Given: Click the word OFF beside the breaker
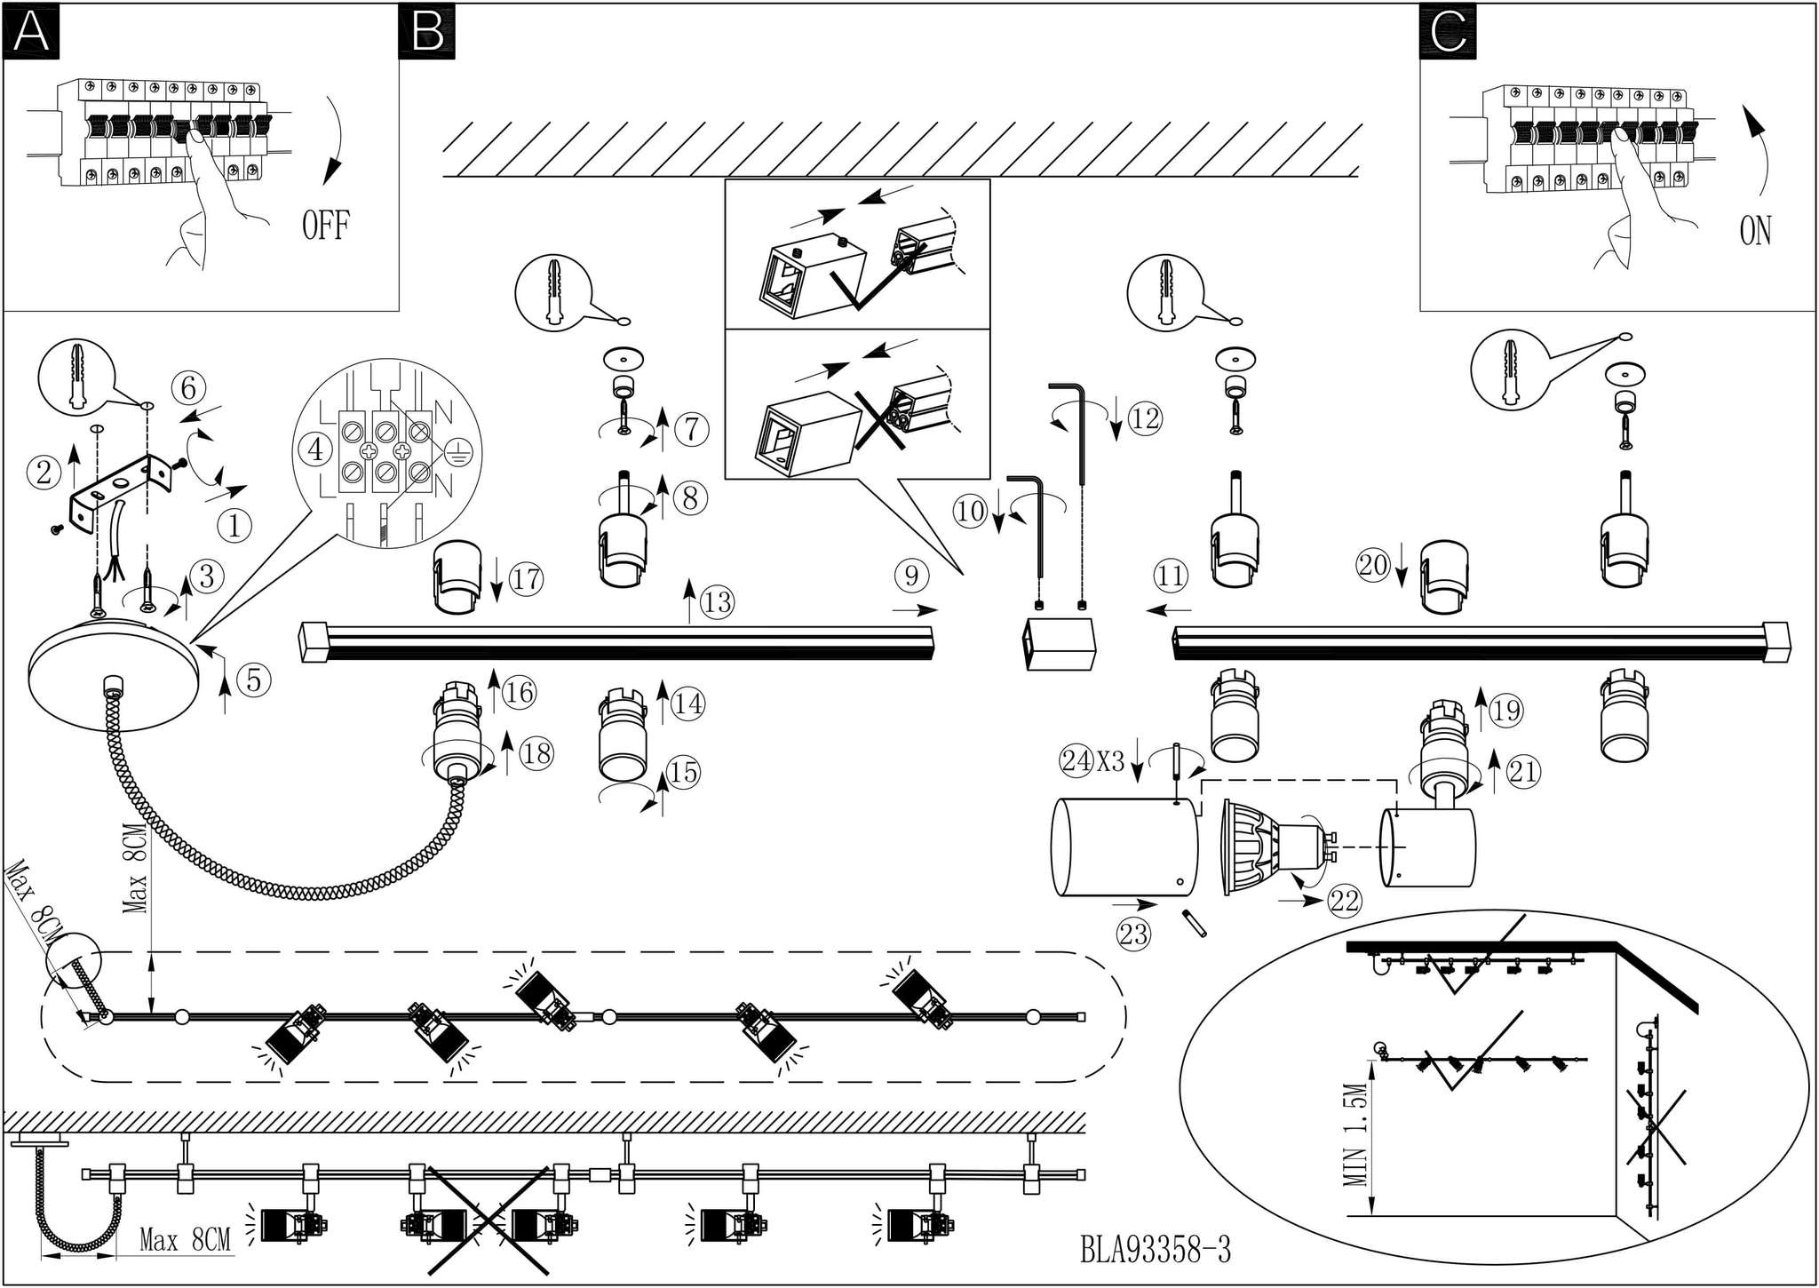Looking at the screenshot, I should click(325, 226).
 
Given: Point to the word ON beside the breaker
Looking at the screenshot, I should click(1755, 231).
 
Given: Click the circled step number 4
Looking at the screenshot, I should click(315, 449).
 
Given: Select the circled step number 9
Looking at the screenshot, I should click(911, 576).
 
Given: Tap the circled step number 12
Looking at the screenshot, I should click(1145, 417).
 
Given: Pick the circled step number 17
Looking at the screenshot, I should click(526, 579).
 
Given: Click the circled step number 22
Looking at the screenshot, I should click(1345, 902).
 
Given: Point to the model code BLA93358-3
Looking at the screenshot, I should click(1155, 1250).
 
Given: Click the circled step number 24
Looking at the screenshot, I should click(1077, 761).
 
